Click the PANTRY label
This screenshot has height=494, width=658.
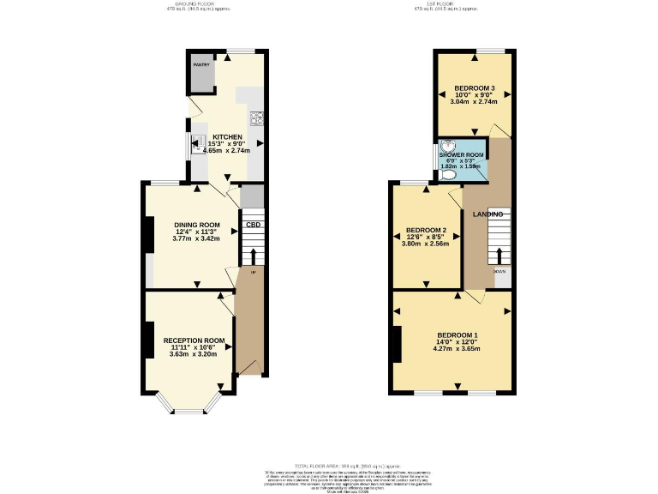click(200, 65)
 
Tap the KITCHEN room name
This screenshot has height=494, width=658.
click(227, 137)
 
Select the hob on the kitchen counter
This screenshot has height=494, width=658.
click(255, 117)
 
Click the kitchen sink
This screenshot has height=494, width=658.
click(196, 142)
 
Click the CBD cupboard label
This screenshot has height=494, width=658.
click(253, 226)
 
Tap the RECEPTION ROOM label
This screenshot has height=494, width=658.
click(194, 340)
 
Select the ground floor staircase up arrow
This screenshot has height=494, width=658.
click(253, 256)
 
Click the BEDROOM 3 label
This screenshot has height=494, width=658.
click(475, 88)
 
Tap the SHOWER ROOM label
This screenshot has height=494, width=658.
click(462, 155)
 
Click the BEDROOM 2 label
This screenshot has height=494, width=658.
click(426, 231)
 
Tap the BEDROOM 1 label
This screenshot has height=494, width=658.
click(458, 334)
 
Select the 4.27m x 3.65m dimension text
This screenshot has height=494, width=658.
click(458, 350)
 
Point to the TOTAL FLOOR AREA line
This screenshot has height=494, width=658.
click(329, 463)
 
